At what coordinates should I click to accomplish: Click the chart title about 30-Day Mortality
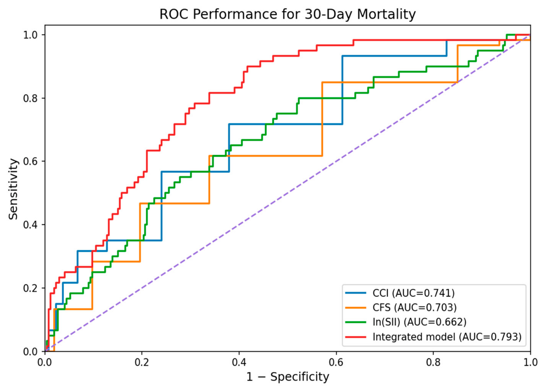288,14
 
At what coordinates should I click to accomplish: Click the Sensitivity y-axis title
13,189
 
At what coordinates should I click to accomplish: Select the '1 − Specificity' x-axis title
288,377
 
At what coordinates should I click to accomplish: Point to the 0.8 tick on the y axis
31,98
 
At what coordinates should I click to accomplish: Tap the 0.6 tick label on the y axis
31,162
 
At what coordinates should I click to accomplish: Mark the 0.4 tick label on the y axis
31,225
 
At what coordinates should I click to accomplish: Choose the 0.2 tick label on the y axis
31,288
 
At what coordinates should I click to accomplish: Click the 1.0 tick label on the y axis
31,35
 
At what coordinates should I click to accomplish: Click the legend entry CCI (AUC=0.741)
400,293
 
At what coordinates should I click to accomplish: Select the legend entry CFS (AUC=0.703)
401,308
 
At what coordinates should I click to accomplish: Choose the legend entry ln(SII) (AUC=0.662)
406,322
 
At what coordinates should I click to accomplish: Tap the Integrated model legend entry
433,337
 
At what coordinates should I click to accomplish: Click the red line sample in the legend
356,337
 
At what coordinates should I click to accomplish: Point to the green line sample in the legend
356,322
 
